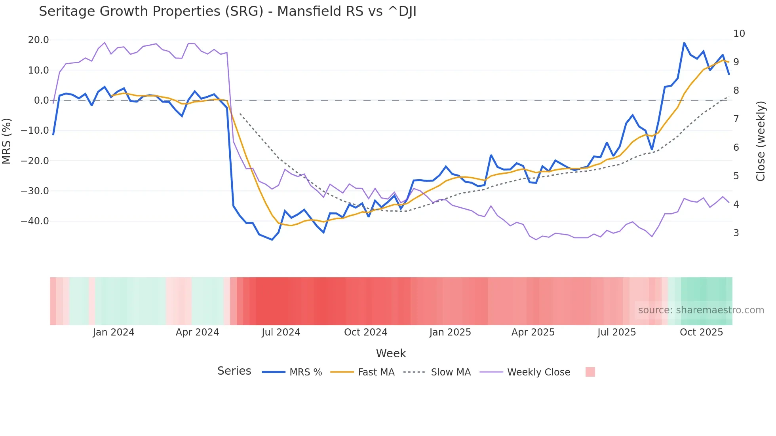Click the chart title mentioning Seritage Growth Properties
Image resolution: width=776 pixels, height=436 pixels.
pos(227,11)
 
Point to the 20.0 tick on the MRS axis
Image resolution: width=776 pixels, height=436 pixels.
pos(38,40)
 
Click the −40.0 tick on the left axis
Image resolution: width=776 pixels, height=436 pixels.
pos(35,221)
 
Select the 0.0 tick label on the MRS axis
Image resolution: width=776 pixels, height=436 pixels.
pos(41,100)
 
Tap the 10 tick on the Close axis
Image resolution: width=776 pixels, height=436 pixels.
pos(739,34)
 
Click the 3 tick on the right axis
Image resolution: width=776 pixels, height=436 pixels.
pos(736,233)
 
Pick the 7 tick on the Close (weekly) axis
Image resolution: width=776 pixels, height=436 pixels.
pos(736,119)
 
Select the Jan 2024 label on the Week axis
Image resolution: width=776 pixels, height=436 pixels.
pos(114,332)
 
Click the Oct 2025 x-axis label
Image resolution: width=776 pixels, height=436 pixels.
pos(701,332)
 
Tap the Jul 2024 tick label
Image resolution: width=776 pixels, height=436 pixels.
pos(281,332)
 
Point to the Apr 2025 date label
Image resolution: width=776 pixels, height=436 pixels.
pos(533,332)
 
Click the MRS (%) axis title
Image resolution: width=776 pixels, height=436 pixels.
pos(7,141)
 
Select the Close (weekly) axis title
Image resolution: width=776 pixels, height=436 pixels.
pos(761,141)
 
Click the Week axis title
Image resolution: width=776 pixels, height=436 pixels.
pos(391,353)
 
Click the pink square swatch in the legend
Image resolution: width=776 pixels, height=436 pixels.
pos(590,372)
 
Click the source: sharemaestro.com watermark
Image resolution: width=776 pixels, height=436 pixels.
pos(701,310)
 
